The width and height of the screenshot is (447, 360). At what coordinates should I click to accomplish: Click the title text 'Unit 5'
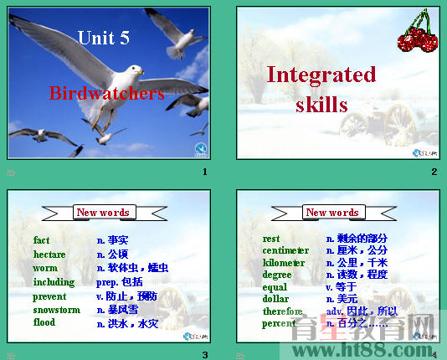(x=104, y=37)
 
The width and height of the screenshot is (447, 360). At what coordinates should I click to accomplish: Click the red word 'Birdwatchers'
(x=106, y=93)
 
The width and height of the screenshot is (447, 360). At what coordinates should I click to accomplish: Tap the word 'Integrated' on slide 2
(x=321, y=75)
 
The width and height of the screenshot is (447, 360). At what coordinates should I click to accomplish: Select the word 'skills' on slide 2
(x=321, y=105)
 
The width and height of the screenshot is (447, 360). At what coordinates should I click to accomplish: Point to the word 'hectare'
(x=49, y=254)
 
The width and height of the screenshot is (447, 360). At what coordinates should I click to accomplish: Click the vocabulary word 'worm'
(x=45, y=268)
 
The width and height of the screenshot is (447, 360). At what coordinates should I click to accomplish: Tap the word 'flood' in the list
(x=44, y=322)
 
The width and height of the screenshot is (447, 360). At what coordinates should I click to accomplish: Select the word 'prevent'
(x=49, y=296)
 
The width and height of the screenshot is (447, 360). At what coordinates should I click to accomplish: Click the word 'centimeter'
(x=285, y=250)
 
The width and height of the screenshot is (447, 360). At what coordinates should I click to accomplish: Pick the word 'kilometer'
(x=284, y=263)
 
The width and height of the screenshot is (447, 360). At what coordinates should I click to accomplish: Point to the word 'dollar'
(x=275, y=299)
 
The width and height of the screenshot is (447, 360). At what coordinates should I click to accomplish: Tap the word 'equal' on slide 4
(x=275, y=287)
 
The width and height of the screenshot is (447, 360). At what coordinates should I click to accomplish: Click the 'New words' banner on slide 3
(x=103, y=213)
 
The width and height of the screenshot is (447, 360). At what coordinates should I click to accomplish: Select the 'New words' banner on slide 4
(x=332, y=213)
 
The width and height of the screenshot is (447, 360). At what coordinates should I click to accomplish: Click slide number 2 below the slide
(x=434, y=172)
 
